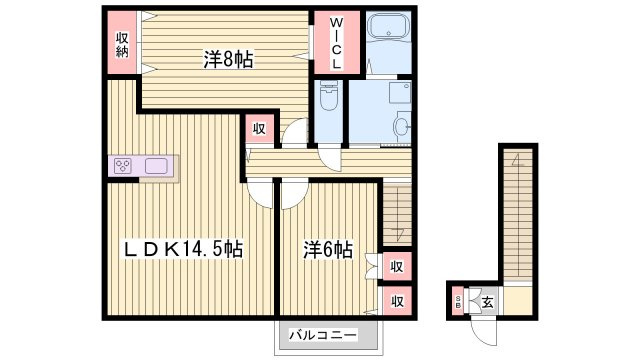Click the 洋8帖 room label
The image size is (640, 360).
pos(228,60)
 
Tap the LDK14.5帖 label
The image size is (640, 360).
pos(184,249)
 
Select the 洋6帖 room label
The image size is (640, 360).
pos(328,249)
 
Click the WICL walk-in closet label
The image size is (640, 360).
pos(337,42)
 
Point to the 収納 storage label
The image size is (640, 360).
pos(122,44)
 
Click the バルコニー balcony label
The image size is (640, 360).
pos(323,335)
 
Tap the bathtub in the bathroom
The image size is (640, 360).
pos(389,27)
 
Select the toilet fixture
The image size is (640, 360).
pos(329,96)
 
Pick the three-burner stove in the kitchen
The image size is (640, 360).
pos(122,166)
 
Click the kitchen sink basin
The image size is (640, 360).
pos(156,166)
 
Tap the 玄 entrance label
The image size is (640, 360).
pos(487,302)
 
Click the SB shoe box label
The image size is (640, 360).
pos(458,302)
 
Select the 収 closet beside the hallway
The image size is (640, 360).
pos(259,129)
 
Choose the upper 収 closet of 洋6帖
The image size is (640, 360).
pos(396,267)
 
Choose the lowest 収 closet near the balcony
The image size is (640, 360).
pos(397,301)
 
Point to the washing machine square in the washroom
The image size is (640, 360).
pos(400,93)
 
